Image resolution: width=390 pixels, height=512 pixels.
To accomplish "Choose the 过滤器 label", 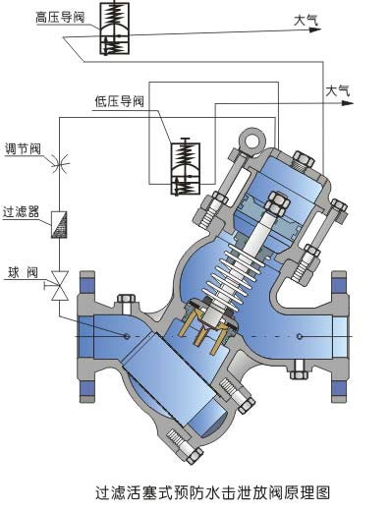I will point(23,210).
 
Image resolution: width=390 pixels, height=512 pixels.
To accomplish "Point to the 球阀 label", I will point(25,270).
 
